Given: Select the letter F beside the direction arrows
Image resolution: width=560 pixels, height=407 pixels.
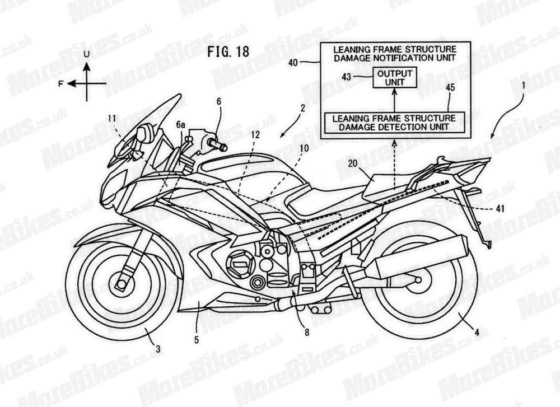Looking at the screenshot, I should pos(60,84).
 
